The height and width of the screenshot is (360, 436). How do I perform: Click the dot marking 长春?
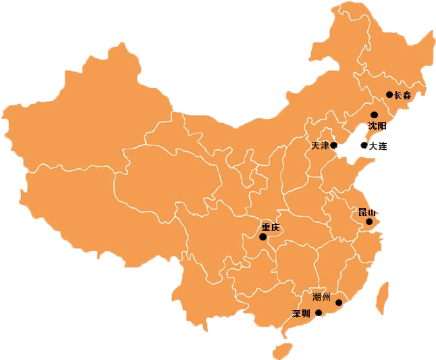tap(389, 95)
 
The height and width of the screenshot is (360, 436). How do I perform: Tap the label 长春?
tap(402, 95)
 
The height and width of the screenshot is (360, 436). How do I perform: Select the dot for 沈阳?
tap(374, 115)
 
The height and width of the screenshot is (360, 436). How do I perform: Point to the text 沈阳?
tap(377, 126)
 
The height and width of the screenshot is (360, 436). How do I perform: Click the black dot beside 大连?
tap(364, 145)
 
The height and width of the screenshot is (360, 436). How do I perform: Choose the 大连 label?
tap(379, 146)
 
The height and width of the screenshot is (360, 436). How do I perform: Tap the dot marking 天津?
tap(333, 145)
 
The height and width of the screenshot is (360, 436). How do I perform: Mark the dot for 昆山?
tap(369, 222)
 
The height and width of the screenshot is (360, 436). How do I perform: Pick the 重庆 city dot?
tap(263, 237)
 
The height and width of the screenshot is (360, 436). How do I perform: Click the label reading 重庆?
tap(271, 227)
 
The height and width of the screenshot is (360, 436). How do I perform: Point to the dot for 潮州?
tap(339, 303)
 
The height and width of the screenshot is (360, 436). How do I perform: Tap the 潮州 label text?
tap(322, 297)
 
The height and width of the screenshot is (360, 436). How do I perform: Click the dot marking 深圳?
tap(319, 313)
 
